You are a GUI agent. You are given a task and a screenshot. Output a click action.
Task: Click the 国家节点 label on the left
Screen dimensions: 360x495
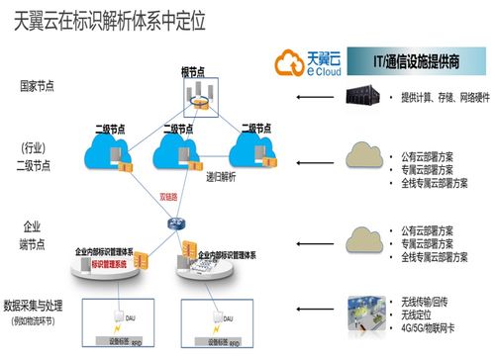[x=37, y=86]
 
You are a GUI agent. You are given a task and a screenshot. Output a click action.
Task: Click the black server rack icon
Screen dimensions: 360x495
[x=360, y=97]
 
